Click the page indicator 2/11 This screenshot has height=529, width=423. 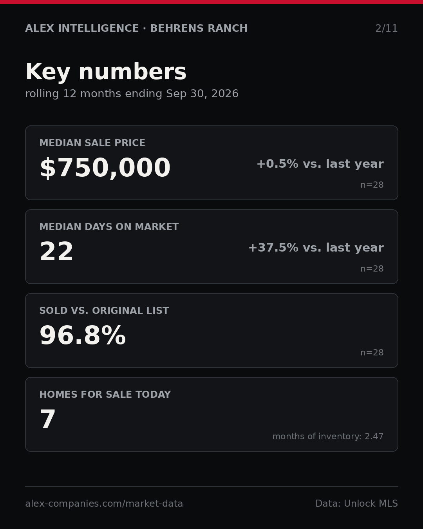386,29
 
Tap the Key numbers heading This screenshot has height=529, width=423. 106,72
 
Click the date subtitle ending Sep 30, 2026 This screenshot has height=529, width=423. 132,94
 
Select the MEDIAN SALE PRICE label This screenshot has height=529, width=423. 92,143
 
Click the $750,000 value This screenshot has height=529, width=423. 105,168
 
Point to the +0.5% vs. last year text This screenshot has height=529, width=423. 320,164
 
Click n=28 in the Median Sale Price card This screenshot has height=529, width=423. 372,185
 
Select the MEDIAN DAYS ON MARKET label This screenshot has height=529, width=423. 109,226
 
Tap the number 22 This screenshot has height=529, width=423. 56,251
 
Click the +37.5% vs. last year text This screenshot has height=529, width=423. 316,248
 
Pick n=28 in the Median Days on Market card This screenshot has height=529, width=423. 372,269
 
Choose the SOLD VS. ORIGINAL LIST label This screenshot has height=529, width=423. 104,310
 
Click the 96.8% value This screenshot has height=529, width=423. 83,335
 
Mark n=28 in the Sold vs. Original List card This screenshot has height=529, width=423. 372,353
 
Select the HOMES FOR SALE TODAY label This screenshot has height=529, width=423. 105,394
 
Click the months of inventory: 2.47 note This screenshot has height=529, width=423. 328,436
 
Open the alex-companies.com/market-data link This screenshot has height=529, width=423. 104,504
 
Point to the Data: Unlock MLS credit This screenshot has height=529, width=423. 356,504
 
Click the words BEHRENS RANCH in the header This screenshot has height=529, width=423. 199,28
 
